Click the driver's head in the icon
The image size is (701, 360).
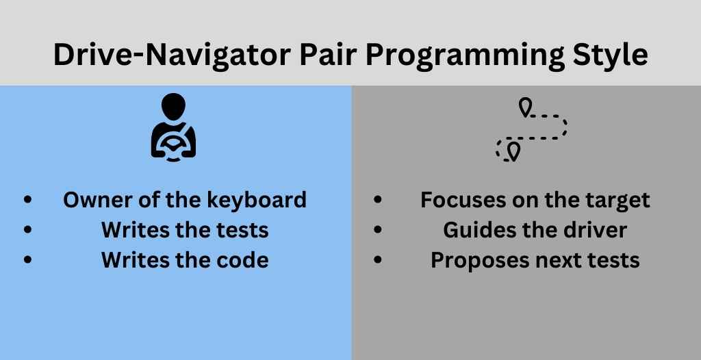173,107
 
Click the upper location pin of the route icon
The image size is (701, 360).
525,107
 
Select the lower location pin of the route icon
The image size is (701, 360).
514,152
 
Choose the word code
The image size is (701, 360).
246,261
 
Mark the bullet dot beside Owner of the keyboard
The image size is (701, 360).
27,200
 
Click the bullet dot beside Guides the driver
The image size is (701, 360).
378,231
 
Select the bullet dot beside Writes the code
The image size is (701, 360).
27,261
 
